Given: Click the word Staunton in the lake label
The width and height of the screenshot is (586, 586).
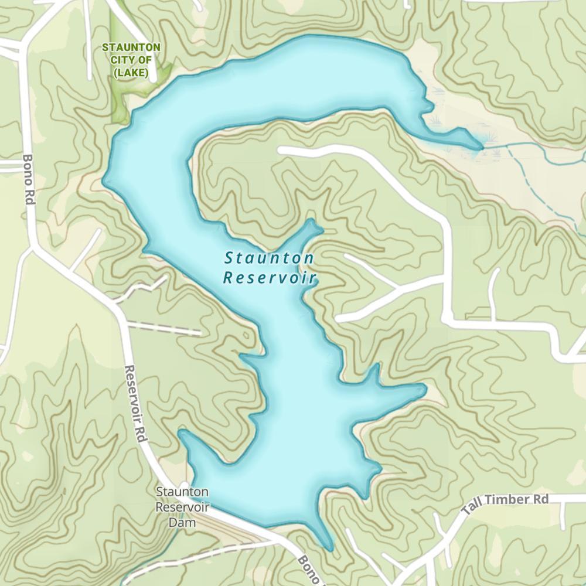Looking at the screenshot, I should click(x=269, y=258).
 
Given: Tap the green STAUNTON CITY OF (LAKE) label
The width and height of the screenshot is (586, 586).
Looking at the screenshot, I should click(x=131, y=60).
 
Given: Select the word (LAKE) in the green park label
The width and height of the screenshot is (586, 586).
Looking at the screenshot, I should click(x=131, y=73).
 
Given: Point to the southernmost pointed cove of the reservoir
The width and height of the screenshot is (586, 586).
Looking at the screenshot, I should click(x=331, y=548).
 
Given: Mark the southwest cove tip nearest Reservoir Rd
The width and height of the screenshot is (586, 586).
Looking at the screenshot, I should click(x=183, y=434).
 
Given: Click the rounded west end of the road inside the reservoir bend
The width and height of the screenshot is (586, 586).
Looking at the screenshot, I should click(x=282, y=150).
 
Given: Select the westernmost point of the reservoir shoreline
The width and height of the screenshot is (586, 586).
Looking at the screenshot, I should click(x=104, y=180).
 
